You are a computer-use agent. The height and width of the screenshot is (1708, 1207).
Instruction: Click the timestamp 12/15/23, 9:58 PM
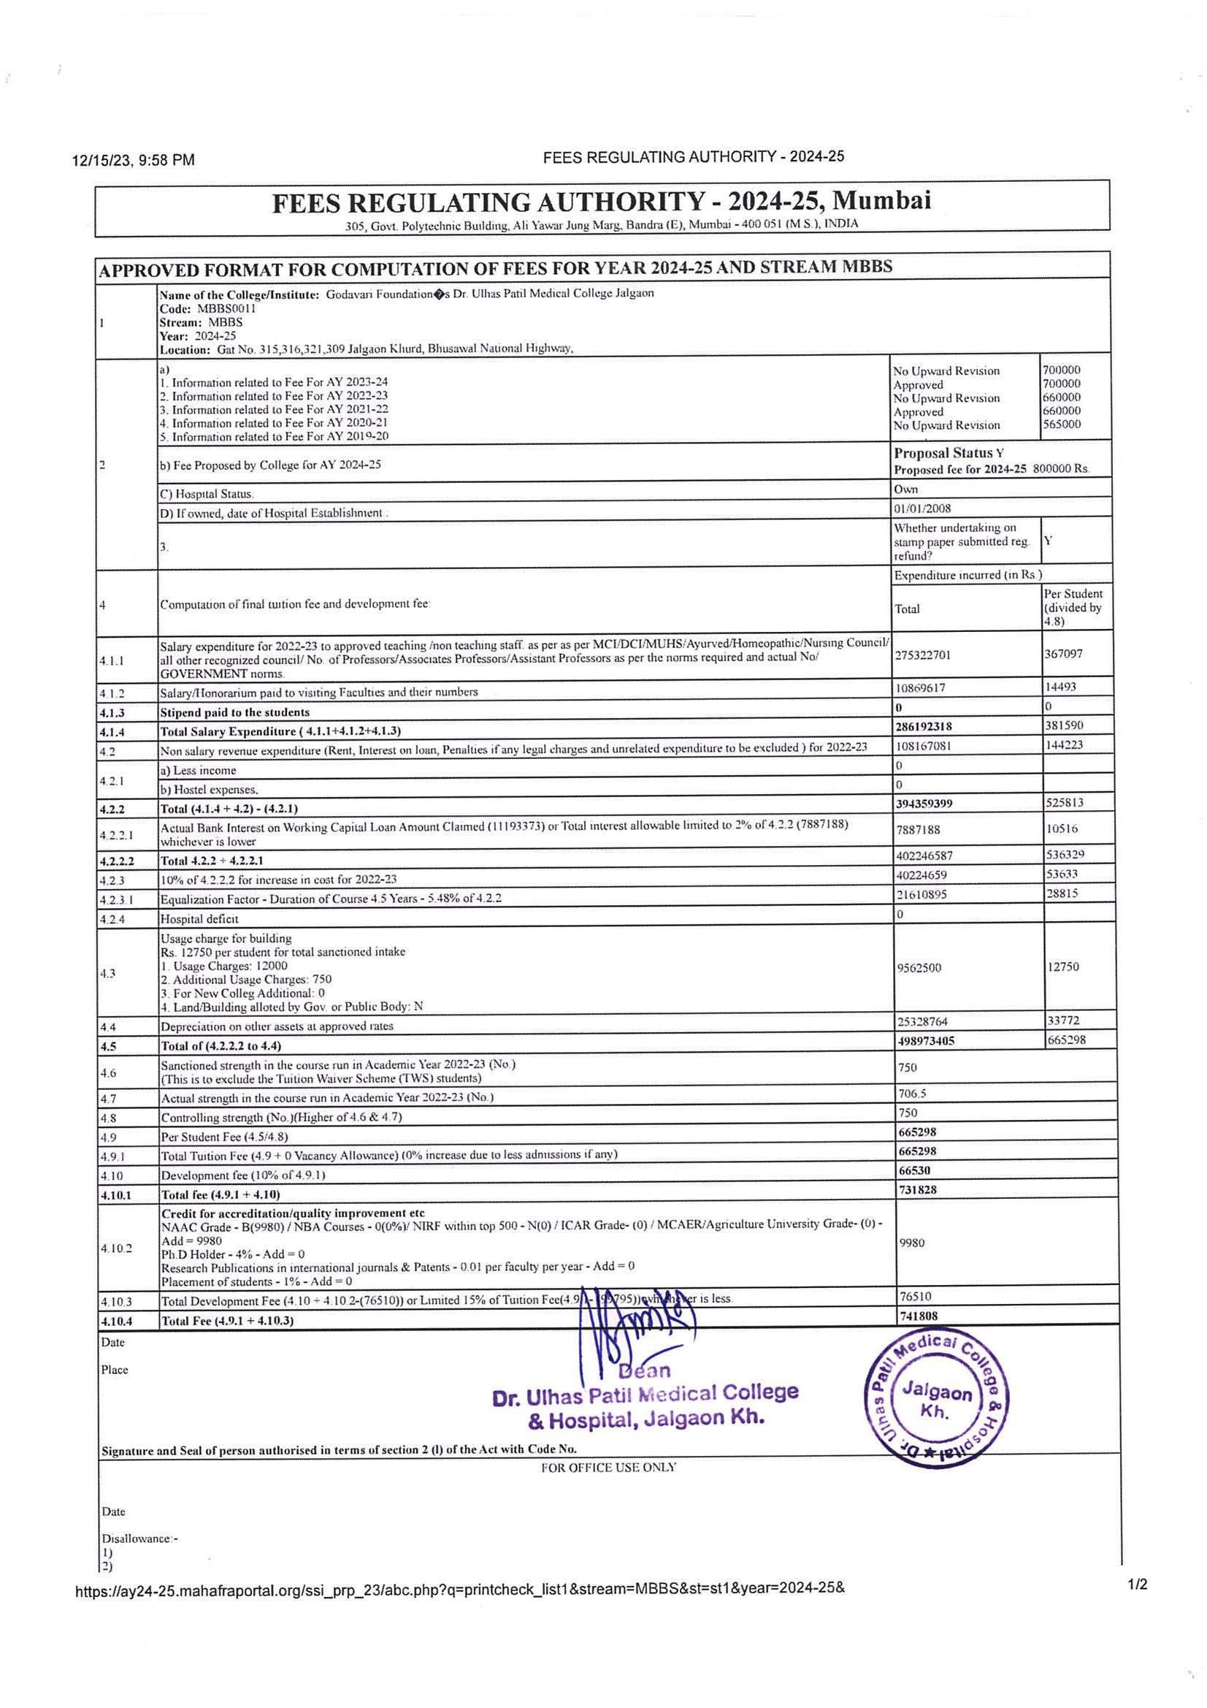coord(134,160)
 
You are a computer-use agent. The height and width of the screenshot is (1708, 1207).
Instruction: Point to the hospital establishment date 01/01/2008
coord(922,509)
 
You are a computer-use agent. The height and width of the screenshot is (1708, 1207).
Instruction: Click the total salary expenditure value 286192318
coord(924,726)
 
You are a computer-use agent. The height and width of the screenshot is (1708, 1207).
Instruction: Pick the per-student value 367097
coord(1063,654)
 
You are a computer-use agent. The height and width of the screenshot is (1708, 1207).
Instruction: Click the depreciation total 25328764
coord(922,1022)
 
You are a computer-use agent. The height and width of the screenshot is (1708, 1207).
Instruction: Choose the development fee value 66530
coord(918,1170)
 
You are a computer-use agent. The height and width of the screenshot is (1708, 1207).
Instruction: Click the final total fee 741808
coord(918,1316)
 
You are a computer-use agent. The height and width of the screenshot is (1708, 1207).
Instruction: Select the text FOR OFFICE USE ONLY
coord(608,1468)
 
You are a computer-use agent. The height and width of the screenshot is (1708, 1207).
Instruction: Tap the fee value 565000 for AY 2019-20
coord(1061,424)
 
